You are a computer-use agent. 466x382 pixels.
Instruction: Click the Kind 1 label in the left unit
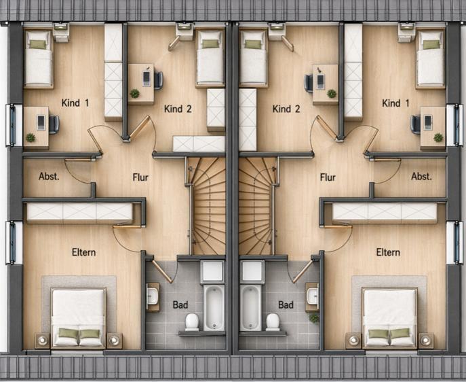point(75,103)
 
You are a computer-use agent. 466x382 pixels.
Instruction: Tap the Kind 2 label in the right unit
point(286,109)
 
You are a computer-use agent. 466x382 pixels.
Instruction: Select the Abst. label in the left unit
point(49,176)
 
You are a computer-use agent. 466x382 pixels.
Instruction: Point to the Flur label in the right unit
point(328,177)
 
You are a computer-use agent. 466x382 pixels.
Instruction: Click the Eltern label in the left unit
point(84,252)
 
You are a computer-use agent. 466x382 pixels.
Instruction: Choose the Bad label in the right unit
point(286,305)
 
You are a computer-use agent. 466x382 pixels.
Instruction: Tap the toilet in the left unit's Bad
point(192,322)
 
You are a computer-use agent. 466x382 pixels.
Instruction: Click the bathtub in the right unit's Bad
point(251,308)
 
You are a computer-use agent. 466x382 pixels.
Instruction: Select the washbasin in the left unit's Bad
point(153,297)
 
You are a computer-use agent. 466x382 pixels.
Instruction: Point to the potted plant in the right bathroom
point(314,318)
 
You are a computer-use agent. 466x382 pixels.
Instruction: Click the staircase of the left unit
point(207,206)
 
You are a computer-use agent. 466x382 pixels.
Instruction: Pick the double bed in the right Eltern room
point(389,317)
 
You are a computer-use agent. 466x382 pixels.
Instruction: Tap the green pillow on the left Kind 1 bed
point(38,44)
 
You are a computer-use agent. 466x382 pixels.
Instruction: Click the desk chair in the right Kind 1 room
point(415,124)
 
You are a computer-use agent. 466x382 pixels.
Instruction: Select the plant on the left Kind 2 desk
point(134,94)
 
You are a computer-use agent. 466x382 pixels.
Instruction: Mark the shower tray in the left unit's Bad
point(212,272)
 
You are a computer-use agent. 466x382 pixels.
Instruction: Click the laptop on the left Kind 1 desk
point(41,122)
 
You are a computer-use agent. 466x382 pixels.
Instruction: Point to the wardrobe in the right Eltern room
point(385,213)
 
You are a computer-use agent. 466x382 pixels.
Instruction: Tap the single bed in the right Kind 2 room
point(253,58)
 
